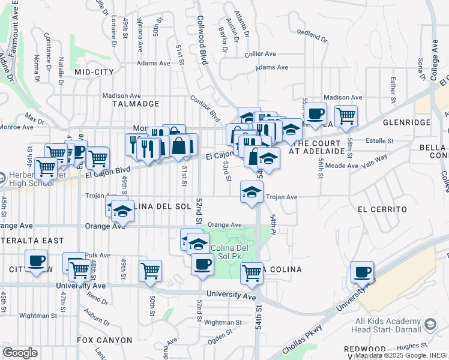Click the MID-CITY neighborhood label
(94, 72)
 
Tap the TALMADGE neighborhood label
(136, 104)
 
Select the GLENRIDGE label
(410, 122)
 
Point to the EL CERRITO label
(382, 209)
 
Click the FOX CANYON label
(104, 340)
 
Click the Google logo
(20, 353)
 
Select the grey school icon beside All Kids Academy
(430, 325)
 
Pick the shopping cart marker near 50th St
(149, 271)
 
